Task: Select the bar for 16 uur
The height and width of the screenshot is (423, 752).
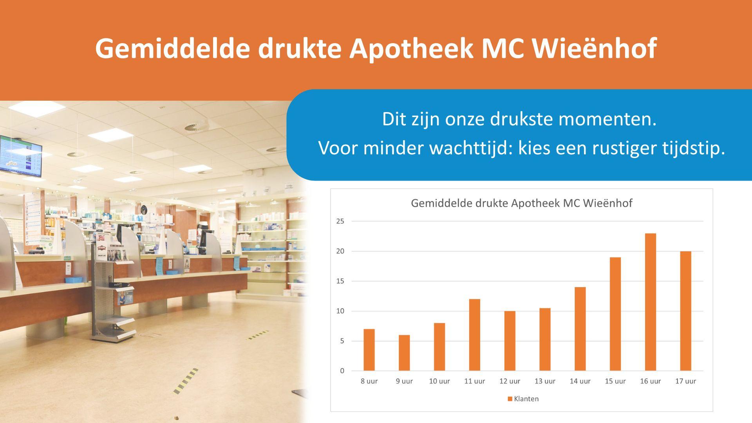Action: tap(650, 302)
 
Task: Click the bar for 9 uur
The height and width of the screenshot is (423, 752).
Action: tap(404, 353)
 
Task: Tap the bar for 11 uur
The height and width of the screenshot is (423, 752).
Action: tap(474, 335)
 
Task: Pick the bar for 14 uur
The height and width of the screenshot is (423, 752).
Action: tap(580, 329)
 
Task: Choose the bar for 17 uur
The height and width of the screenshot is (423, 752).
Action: tap(685, 311)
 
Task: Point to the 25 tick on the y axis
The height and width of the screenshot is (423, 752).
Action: tap(340, 221)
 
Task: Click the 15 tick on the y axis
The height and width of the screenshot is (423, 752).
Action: tap(340, 281)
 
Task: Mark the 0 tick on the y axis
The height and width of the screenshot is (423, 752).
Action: tap(342, 371)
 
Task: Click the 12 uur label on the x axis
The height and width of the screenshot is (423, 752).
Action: tap(510, 381)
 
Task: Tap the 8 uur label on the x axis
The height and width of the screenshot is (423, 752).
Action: tap(369, 381)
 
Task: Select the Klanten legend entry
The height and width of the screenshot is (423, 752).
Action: tap(523, 399)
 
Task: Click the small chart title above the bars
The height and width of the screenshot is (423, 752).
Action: tap(521, 203)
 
